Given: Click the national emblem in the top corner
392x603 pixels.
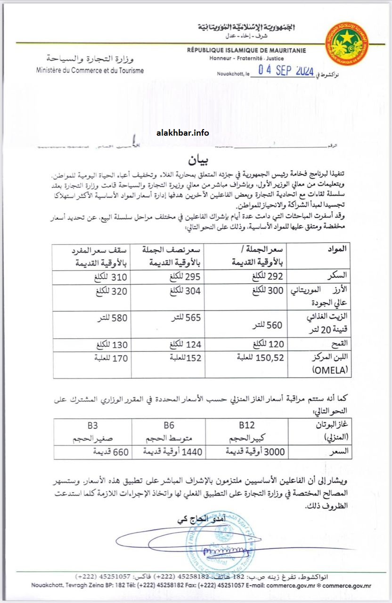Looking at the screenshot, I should [x=347, y=43].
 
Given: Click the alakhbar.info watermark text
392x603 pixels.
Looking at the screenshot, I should [x=182, y=132].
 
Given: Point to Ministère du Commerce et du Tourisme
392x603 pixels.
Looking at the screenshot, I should [x=90, y=70].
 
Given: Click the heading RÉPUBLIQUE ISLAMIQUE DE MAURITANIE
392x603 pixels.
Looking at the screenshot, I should [x=246, y=50].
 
